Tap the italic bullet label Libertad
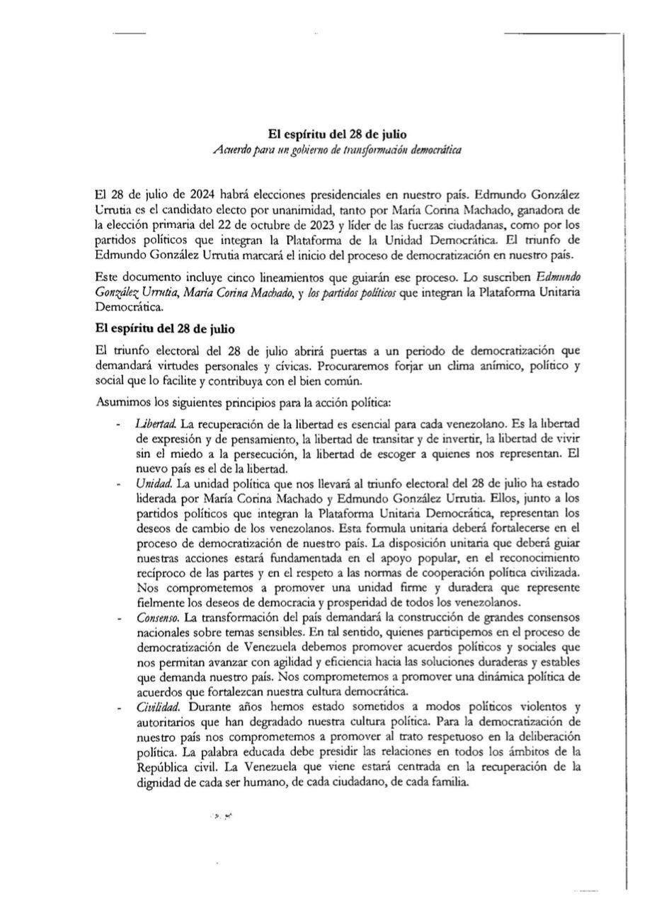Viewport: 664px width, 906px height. coord(156,423)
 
